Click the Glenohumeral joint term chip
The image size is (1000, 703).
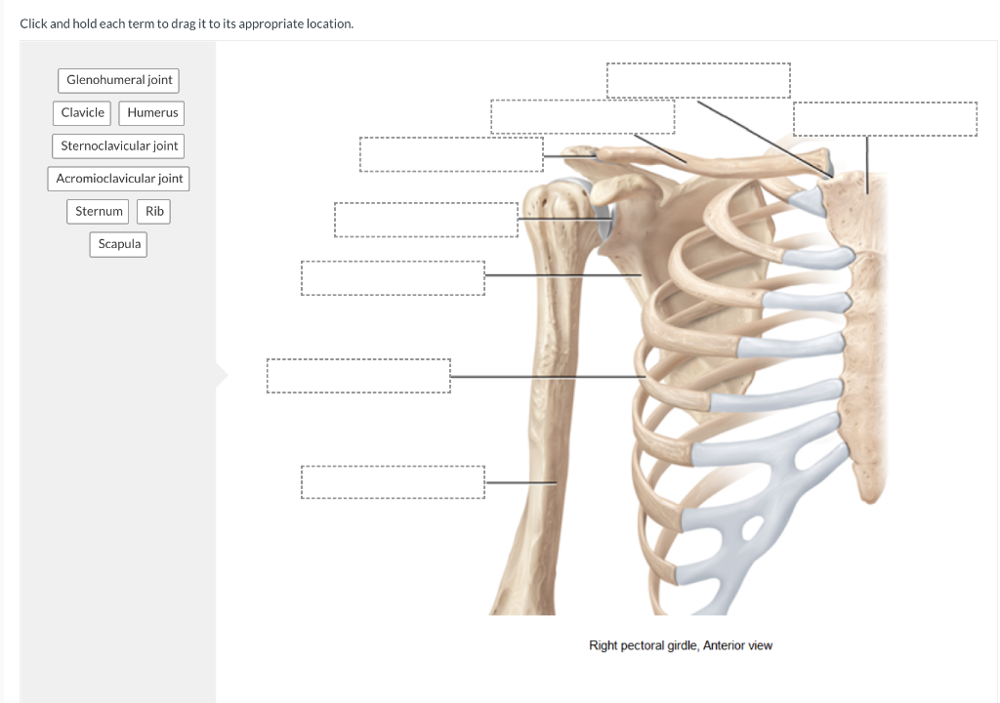coord(119,80)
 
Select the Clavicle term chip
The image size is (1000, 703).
coord(82,113)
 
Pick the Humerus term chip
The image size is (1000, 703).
coord(152,113)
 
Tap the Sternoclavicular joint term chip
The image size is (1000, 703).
coord(119,146)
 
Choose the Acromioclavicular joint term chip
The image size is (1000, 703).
coord(119,179)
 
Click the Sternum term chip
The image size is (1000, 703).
coord(99,211)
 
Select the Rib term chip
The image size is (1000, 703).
coord(154,211)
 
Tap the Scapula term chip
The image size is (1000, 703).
coord(119,244)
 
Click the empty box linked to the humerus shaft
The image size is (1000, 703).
coord(393,482)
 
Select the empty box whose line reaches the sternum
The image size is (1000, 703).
coord(885,119)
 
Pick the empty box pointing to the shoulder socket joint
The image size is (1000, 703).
coord(426,220)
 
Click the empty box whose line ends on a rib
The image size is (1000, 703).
coord(358,376)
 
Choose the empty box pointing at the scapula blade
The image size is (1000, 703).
coord(393,277)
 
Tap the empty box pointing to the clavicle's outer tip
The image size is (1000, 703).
coord(451,154)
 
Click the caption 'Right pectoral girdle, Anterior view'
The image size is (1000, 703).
coord(681,645)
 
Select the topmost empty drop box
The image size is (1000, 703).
coord(698,80)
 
